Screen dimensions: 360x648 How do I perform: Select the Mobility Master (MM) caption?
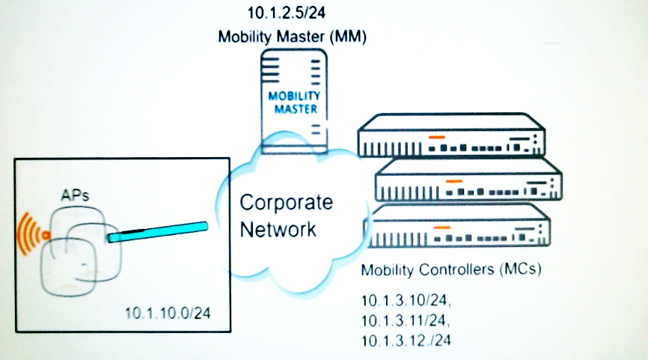tap(292, 36)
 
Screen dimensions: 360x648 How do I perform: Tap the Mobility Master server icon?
tap(294, 97)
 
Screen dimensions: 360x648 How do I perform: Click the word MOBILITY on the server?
tap(294, 96)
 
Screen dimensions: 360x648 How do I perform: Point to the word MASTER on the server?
tap(294, 109)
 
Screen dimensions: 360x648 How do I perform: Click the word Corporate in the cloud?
tap(286, 204)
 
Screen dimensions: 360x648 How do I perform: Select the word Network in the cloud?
tap(278, 228)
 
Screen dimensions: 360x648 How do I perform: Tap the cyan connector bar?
tap(157, 231)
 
